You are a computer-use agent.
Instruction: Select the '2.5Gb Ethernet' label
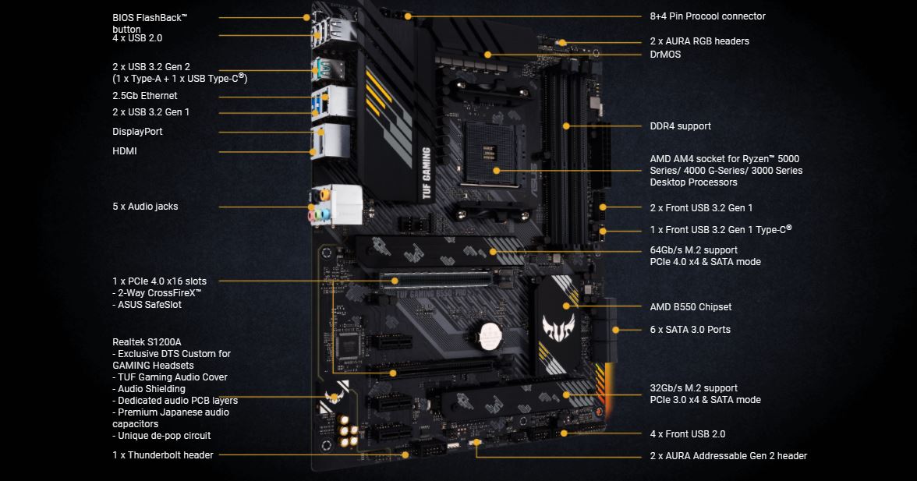click(145, 96)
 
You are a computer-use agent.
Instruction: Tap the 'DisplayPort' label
click(137, 132)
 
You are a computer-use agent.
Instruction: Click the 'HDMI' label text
click(125, 150)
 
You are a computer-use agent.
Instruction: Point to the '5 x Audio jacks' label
click(145, 207)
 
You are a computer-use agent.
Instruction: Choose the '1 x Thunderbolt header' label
click(162, 455)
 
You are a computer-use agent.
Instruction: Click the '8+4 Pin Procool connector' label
click(708, 16)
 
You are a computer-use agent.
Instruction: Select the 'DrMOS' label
click(666, 55)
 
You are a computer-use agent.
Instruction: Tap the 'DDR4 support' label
click(681, 126)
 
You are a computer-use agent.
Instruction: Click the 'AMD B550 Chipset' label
click(691, 307)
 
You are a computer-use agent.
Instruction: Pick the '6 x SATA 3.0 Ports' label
click(690, 330)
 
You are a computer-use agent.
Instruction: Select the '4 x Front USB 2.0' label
click(688, 434)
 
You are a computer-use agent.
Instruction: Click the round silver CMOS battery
click(488, 335)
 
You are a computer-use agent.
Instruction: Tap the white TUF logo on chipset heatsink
click(558, 327)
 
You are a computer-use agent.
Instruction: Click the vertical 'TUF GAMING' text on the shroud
click(427, 173)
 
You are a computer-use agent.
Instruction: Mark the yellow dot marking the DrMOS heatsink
click(488, 55)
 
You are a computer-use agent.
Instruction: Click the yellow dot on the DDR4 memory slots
click(566, 126)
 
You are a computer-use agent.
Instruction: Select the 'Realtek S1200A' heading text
click(147, 342)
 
